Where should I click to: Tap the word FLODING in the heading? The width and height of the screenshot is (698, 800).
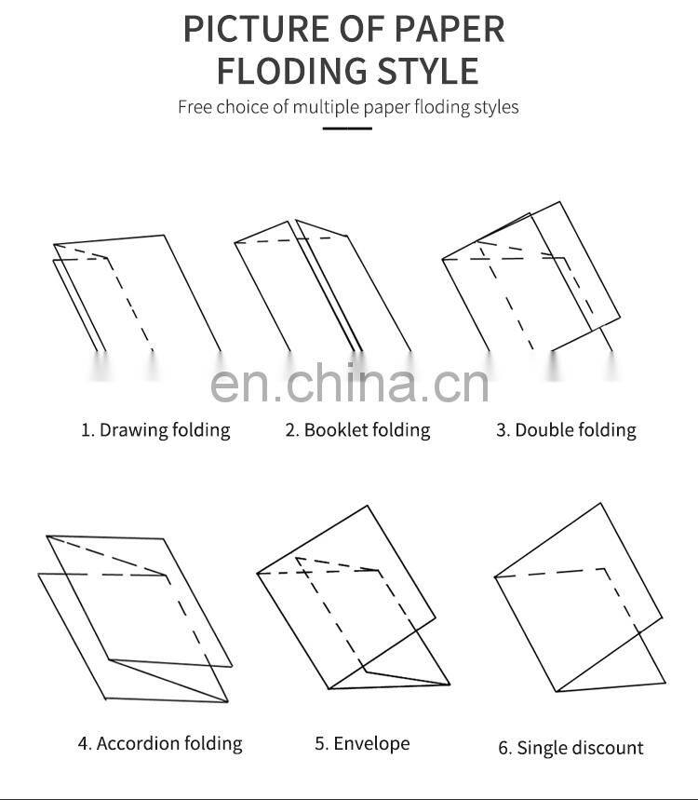(x=291, y=71)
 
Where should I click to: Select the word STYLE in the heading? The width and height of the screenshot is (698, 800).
(x=428, y=71)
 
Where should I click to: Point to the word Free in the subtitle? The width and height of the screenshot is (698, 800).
(x=195, y=107)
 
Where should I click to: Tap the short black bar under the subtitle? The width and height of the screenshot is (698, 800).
(x=347, y=129)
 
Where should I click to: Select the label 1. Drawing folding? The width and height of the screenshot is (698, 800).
(x=156, y=430)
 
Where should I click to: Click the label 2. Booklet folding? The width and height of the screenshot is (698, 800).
(x=358, y=429)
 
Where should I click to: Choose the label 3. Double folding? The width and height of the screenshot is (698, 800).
(x=567, y=429)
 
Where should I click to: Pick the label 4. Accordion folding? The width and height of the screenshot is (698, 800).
(x=160, y=743)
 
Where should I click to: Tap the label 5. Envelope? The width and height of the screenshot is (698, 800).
(x=363, y=743)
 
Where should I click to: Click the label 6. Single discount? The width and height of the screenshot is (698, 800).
(x=571, y=748)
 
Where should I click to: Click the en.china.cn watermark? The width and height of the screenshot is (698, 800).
(x=350, y=383)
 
